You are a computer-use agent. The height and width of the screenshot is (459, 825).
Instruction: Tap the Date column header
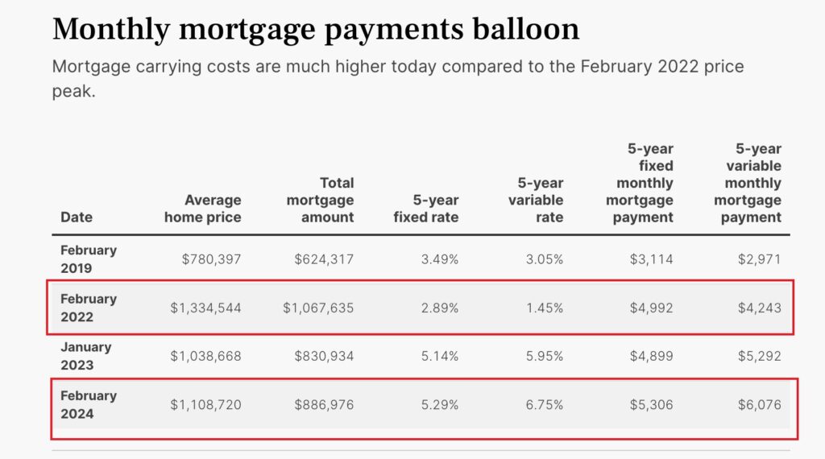coord(77,217)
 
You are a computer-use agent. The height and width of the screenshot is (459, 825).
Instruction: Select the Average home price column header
coord(202,208)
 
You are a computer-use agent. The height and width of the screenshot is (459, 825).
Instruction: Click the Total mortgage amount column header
coord(320,200)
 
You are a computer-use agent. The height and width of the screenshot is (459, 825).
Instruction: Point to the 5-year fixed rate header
coord(426,208)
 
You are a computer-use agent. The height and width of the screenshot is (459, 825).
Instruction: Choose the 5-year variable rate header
coord(536,200)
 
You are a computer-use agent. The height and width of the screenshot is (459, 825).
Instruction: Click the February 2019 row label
coord(89,258)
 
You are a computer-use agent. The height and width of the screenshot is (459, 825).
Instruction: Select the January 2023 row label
coord(85,355)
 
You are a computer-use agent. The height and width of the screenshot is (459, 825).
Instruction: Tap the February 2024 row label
coord(89,404)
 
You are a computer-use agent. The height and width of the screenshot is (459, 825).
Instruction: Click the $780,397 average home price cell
coord(211,258)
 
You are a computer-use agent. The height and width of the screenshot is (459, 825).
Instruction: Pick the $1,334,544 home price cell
coord(205,307)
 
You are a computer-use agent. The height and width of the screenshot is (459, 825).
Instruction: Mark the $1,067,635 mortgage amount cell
coord(318,307)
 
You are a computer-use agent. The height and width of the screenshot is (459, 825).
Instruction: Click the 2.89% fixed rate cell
coord(439,307)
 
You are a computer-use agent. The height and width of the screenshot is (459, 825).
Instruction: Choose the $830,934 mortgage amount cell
coord(323,355)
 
